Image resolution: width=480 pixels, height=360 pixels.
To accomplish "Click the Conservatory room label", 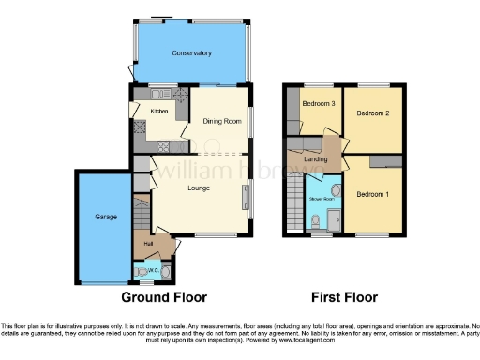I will tap(191, 53).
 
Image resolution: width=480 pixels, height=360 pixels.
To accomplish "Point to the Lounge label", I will tap(198, 187).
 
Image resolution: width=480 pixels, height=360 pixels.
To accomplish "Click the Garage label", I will tap(105, 217).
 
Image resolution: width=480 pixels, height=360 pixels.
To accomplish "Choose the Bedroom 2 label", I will tap(372, 112).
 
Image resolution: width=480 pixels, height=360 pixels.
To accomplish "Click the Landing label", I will tap(316, 159).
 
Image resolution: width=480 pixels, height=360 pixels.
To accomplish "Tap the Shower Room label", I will tap(322, 199).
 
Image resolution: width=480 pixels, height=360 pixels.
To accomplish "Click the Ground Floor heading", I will tap(164, 297).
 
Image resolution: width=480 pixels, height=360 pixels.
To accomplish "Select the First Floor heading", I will tap(345, 297).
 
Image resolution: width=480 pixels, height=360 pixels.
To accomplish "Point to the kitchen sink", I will tap(157, 94).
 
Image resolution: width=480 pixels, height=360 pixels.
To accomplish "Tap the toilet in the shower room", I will tap(316, 221).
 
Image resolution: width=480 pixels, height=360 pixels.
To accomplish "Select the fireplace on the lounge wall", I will tap(247, 197).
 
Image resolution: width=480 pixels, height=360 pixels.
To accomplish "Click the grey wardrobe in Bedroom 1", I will tap(383, 162).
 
